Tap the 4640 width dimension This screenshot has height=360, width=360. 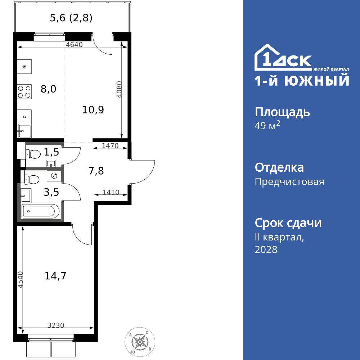75,45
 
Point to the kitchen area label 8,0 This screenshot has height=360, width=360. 48,89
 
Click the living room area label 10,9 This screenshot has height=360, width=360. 93,110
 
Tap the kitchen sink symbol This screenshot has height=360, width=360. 24,132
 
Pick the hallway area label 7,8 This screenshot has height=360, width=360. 96,171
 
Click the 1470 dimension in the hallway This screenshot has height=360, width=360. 110,146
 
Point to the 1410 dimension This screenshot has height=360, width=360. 111,192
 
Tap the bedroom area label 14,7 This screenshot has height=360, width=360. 55,276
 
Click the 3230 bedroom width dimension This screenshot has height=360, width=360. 56,325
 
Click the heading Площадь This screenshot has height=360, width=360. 282,112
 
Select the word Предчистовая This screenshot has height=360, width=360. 289,182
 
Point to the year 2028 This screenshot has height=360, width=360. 266,250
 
